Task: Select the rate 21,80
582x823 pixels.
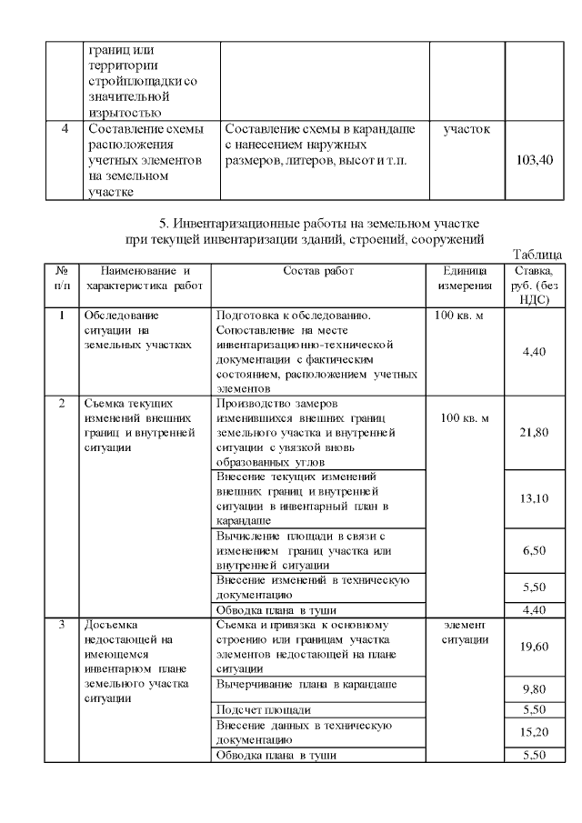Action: coord(534,433)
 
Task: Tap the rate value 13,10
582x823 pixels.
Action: coord(534,498)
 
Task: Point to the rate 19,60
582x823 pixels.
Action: coord(534,647)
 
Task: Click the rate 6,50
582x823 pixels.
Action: coord(534,551)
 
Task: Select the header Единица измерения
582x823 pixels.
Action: coord(467,278)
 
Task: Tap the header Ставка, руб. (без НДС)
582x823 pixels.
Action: coord(534,286)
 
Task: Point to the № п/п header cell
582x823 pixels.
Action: coord(61,278)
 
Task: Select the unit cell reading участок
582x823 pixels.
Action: coord(467,130)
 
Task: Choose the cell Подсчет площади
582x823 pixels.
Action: coord(264,709)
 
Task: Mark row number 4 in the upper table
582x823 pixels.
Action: coord(64,129)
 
